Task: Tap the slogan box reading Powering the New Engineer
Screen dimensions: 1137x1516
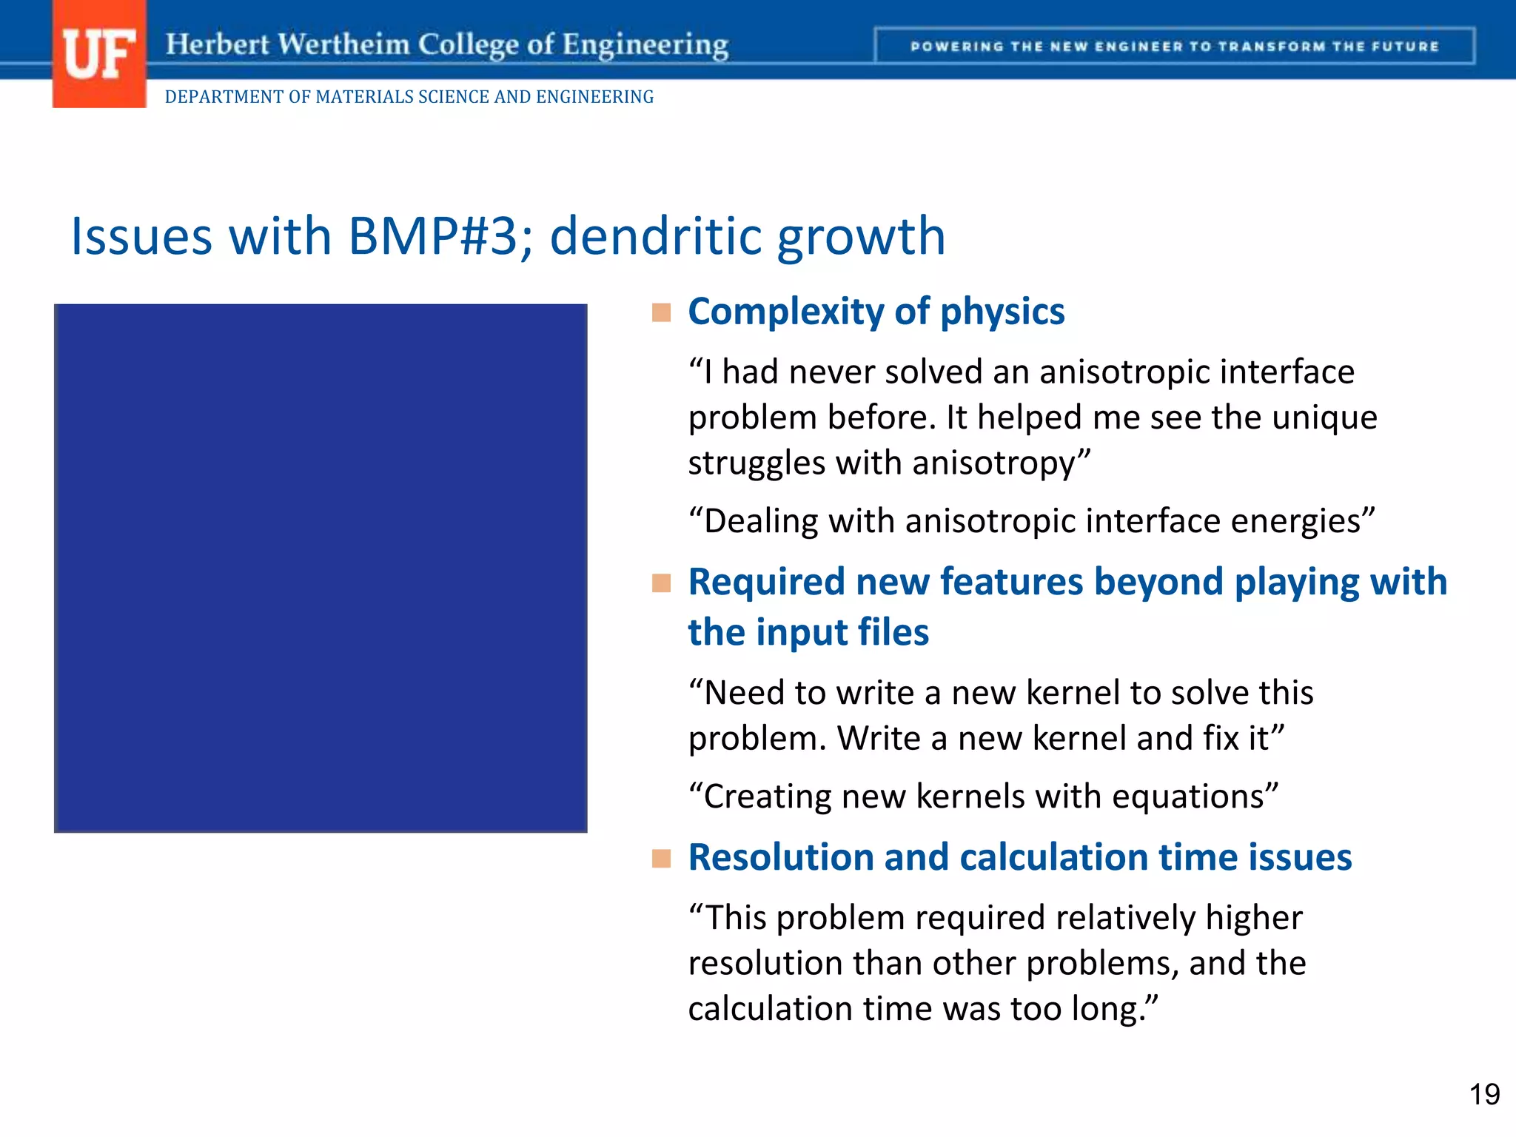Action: point(1174,47)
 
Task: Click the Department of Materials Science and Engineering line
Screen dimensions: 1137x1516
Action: point(409,97)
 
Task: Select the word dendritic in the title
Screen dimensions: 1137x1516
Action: point(655,237)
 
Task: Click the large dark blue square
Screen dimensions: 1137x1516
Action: point(321,568)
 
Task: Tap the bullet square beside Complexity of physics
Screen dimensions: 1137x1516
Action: point(661,312)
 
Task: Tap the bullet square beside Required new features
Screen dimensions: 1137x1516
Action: point(661,583)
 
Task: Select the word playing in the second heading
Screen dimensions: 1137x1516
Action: point(1295,583)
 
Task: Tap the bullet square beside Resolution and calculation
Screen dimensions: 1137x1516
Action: point(661,859)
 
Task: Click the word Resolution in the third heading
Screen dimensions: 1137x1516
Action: point(781,857)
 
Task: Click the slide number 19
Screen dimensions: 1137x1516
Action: point(1483,1094)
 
